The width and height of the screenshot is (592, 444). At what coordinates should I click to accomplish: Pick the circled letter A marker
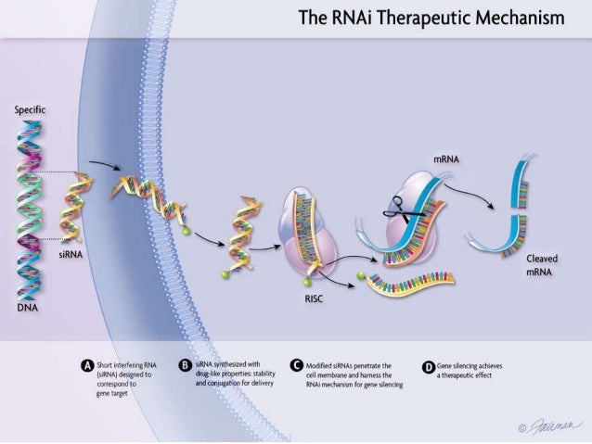[x=87, y=366]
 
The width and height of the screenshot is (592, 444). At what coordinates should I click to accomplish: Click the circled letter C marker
[x=296, y=366]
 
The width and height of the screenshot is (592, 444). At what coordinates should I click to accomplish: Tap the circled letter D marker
[x=428, y=366]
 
